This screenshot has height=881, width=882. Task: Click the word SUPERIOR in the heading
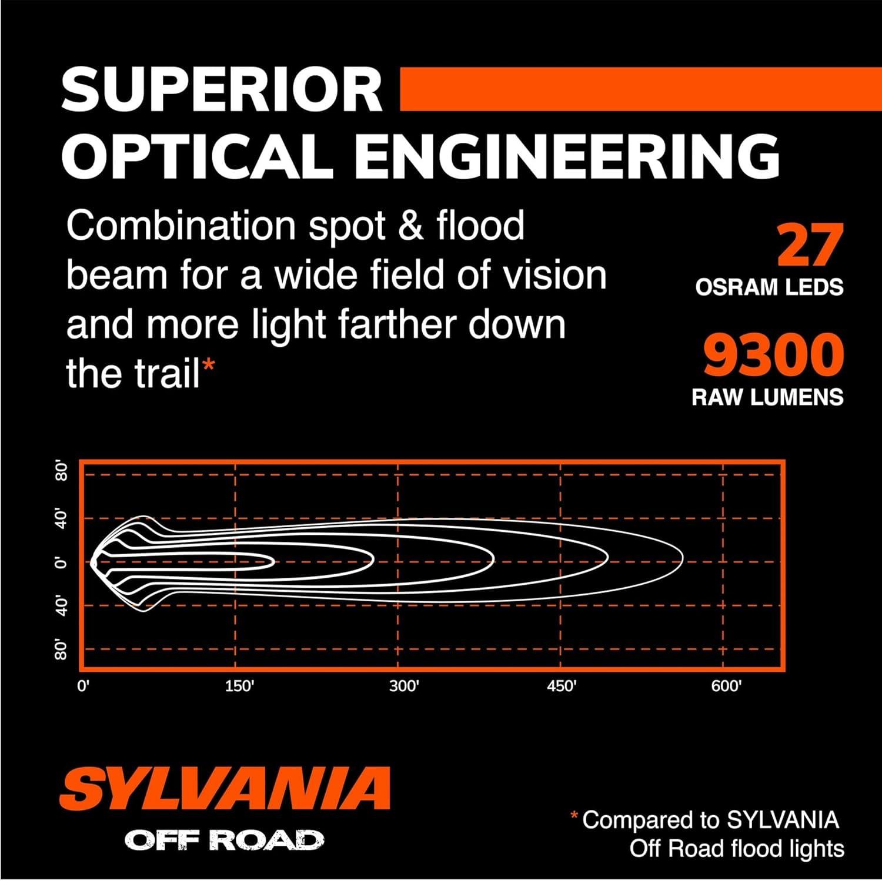point(222,90)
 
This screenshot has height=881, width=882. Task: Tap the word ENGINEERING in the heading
point(568,156)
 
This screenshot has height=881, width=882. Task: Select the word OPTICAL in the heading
point(198,156)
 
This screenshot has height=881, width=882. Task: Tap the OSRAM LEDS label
point(769,287)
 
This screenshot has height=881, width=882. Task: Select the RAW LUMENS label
point(767,397)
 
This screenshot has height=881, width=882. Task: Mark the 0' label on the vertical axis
point(61,563)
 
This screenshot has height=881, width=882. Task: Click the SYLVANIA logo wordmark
point(225,788)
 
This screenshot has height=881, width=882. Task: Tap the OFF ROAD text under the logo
point(224,840)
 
